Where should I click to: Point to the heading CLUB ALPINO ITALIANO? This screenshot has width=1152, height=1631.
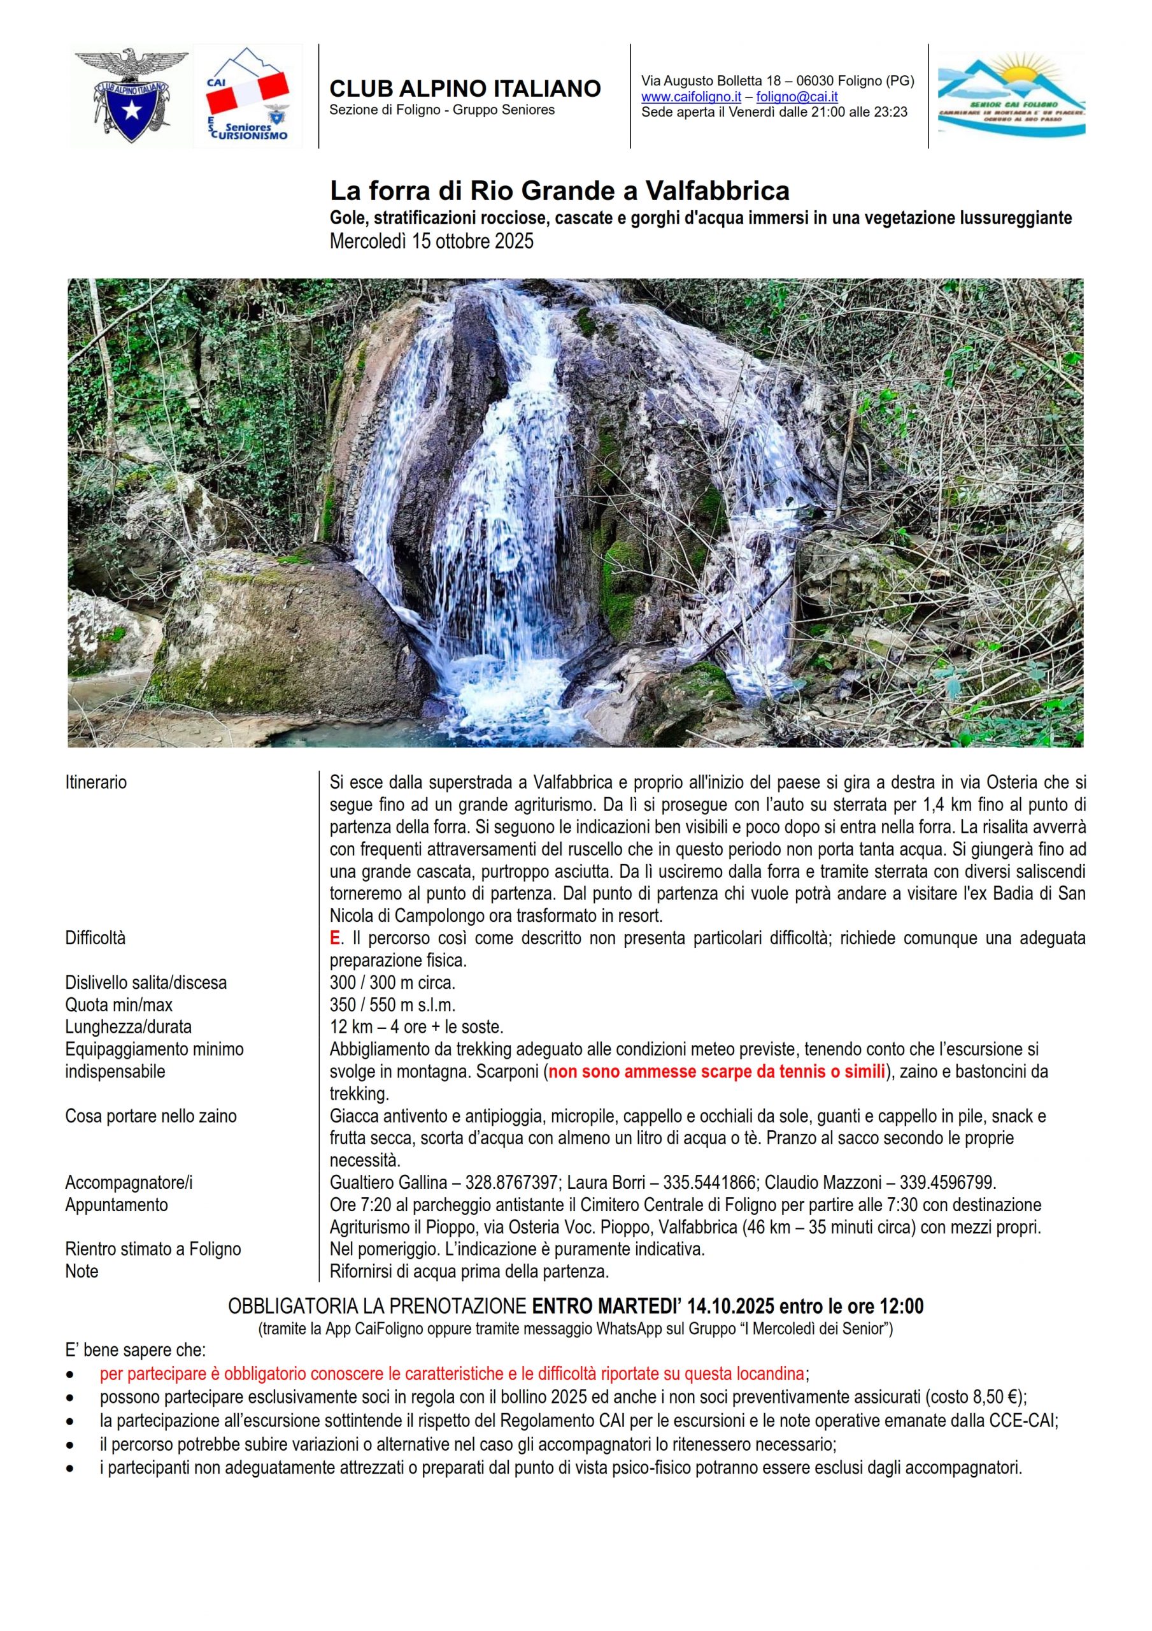466,89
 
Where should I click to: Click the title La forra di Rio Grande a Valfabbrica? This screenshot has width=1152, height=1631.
560,191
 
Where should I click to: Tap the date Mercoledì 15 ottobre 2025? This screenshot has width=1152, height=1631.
431,241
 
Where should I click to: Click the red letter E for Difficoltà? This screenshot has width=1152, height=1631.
334,938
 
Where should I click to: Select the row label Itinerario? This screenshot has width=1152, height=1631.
96,783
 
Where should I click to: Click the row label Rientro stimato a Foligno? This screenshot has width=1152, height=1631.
153,1249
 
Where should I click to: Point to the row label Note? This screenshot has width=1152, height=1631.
82,1272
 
